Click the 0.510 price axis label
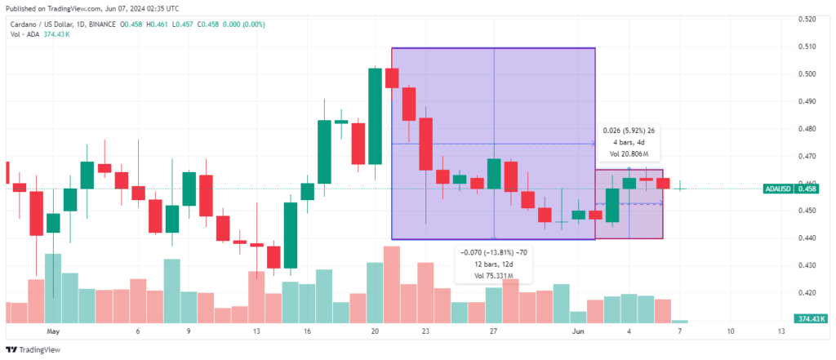(x=807, y=47)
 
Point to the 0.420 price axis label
(x=807, y=292)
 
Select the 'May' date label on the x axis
(x=52, y=331)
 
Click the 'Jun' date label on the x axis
(x=578, y=331)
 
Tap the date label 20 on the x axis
(x=375, y=331)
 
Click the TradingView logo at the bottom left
(x=33, y=350)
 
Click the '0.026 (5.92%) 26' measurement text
(x=629, y=130)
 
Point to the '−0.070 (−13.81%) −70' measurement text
(x=490, y=252)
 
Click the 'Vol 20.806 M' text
(x=629, y=154)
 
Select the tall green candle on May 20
(x=375, y=116)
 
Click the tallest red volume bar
(x=392, y=284)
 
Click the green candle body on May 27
(x=494, y=174)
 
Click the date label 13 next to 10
(x=781, y=331)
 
